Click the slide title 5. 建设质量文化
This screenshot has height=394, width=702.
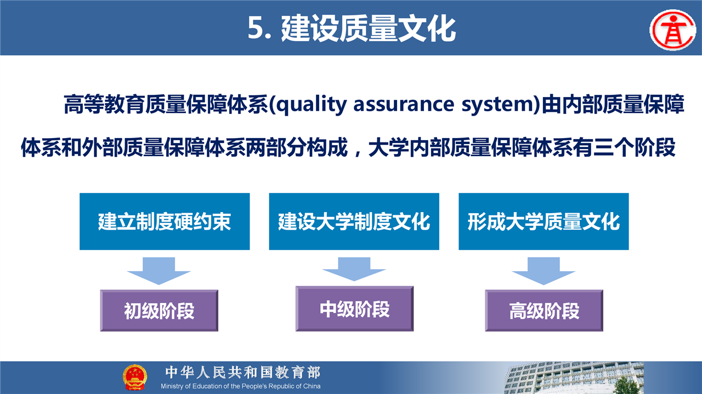point(352,29)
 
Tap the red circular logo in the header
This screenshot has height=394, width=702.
point(673,30)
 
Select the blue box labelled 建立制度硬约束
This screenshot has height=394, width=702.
point(165,221)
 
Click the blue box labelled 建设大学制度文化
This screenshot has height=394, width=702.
point(354,221)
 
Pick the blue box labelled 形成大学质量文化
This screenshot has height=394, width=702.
point(544,221)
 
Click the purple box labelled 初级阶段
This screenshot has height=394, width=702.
point(159,310)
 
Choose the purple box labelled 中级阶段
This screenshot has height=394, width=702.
point(354,309)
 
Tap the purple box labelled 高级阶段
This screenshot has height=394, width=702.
point(544,310)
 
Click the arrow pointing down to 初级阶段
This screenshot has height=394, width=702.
point(159,271)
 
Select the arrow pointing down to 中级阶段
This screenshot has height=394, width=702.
point(354,269)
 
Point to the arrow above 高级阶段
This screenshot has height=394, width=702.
point(544,271)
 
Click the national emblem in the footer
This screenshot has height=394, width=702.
point(135,377)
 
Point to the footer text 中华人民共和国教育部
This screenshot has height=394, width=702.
point(243,372)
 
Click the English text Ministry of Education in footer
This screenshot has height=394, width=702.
point(193,386)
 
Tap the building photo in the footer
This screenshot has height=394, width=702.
point(574,378)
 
